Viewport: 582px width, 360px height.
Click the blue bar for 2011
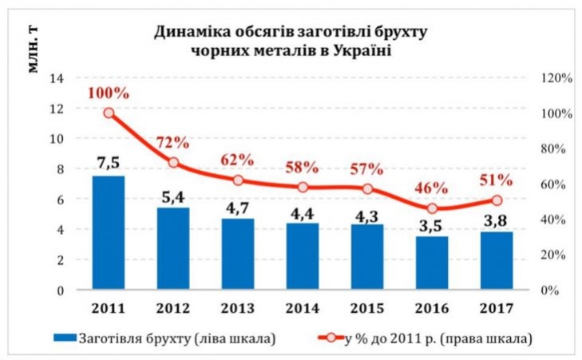[x=109, y=232]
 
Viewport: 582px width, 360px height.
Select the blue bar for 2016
[x=432, y=263]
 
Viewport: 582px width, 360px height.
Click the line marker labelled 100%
[x=109, y=113]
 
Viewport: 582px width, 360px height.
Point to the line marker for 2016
[x=432, y=209]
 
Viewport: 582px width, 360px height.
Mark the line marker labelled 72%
[x=173, y=163]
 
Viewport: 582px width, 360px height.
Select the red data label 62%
[x=237, y=159]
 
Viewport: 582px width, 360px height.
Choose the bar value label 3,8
[x=497, y=219]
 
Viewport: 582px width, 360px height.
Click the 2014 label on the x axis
[x=303, y=307]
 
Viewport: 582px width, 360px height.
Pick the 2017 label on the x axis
[x=497, y=307]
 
